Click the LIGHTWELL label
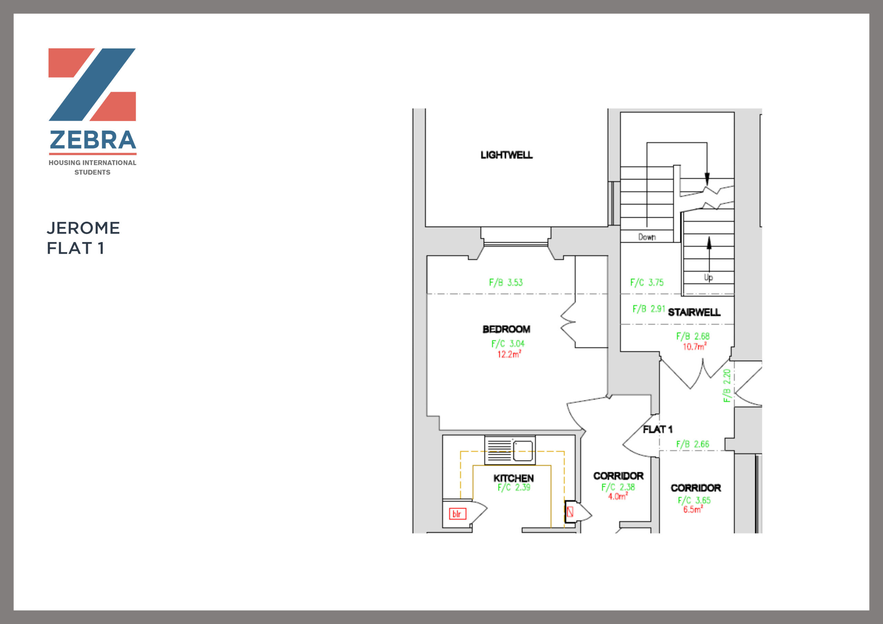pyautogui.click(x=506, y=155)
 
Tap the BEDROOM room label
pyautogui.click(x=506, y=329)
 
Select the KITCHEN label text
pyautogui.click(x=514, y=478)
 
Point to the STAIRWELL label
pyautogui.click(x=694, y=312)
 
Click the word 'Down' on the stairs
pyautogui.click(x=647, y=237)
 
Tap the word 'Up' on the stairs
pyautogui.click(x=708, y=277)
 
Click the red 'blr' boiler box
pyautogui.click(x=458, y=514)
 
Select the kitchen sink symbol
pyautogui.click(x=510, y=450)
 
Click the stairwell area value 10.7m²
pyautogui.click(x=695, y=346)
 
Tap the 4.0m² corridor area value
pyautogui.click(x=618, y=496)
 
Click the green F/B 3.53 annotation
pyautogui.click(x=506, y=283)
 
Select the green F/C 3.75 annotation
pyautogui.click(x=647, y=283)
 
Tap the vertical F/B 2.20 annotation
pyautogui.click(x=726, y=386)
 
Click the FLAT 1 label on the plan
pyautogui.click(x=658, y=429)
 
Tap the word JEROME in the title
pyautogui.click(x=83, y=228)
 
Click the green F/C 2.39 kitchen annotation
pyautogui.click(x=514, y=487)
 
